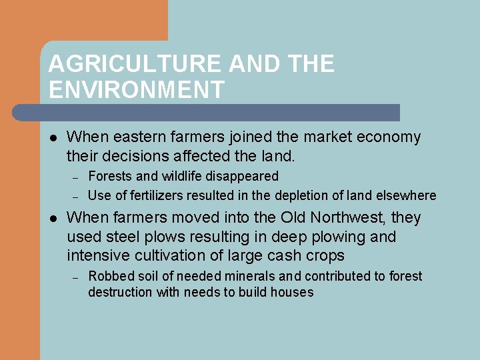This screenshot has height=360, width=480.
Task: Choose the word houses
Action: (291, 293)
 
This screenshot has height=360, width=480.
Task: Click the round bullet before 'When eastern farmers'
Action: (53, 138)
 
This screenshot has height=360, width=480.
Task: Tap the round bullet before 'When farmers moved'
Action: (53, 219)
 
